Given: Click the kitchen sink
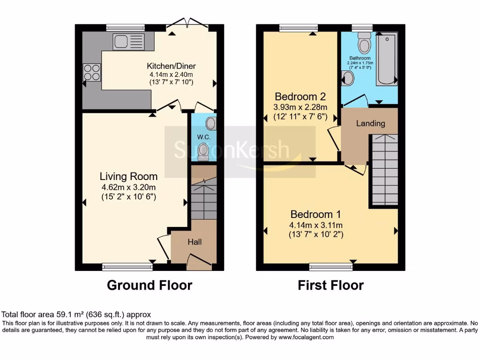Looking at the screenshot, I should click(128, 42).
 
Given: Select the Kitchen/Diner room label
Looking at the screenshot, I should click(171, 66).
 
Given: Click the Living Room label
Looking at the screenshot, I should click(128, 176).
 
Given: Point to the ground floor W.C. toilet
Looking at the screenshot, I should click(203, 151).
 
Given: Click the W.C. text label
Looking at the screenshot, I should click(202, 137).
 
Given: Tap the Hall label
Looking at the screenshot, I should click(195, 242).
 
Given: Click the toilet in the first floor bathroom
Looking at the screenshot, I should click(364, 44).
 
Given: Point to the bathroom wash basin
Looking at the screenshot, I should click(348, 78).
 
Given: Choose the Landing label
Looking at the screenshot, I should click(370, 123).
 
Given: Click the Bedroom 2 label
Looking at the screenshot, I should click(300, 97).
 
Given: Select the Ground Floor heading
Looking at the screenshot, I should click(150, 285).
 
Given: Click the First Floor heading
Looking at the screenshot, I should click(330, 285).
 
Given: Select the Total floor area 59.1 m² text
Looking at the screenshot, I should click(76, 315).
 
